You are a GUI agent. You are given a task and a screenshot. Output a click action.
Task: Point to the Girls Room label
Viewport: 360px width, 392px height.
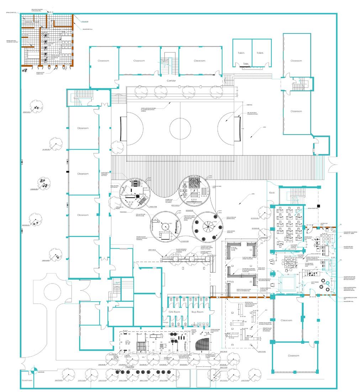pos(173,312)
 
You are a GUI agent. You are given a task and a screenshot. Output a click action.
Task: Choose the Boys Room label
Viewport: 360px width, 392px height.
pos(197,312)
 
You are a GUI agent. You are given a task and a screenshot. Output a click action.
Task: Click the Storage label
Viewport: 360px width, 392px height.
pos(165,323)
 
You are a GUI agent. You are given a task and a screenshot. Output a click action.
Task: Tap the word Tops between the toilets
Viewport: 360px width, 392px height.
pos(245,64)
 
